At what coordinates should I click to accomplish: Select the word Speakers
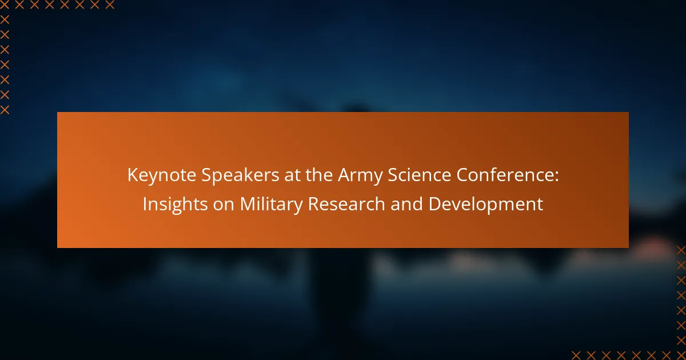click(240, 175)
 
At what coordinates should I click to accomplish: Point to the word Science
click(419, 175)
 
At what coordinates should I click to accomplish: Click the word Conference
click(505, 175)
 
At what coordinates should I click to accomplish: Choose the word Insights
click(175, 205)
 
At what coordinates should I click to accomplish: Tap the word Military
click(271, 205)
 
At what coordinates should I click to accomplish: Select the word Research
click(346, 204)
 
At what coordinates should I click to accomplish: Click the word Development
click(485, 205)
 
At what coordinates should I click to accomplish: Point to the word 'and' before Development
click(406, 204)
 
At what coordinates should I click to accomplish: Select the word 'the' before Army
click(319, 175)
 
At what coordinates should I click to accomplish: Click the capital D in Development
click(435, 204)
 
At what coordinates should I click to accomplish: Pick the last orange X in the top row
click(110, 5)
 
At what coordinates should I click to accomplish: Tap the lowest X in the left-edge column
click(5, 110)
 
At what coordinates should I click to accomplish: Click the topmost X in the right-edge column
click(681, 250)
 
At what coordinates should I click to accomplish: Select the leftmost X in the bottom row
click(576, 355)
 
